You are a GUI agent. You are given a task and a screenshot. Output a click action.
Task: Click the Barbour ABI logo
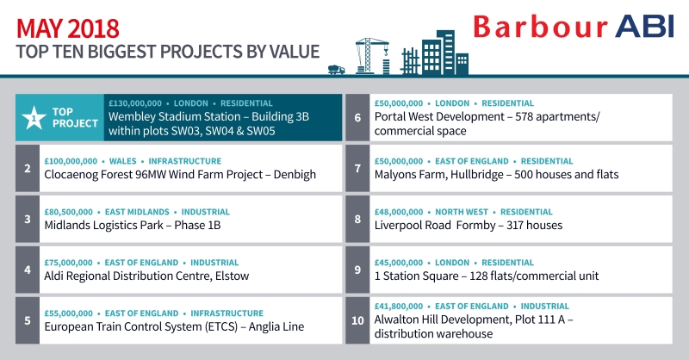(572, 27)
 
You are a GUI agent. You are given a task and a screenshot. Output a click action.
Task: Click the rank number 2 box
(28, 168)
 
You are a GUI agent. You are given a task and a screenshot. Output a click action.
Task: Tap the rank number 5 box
(28, 320)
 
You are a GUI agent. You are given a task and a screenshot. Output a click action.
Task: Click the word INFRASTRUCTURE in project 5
(227, 313)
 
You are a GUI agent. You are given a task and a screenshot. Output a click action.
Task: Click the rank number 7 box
(357, 168)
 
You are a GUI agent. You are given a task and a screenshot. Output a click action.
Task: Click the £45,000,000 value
(399, 262)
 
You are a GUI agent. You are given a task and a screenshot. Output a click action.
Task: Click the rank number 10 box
(357, 320)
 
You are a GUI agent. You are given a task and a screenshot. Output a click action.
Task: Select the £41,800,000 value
(399, 306)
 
